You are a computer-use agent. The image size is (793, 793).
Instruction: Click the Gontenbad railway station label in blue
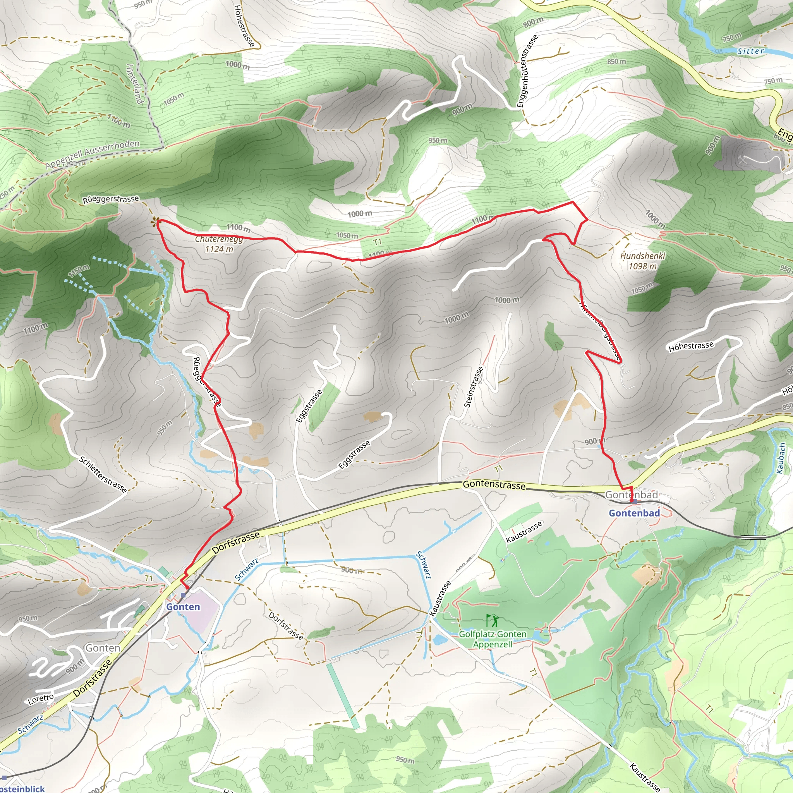[634, 513]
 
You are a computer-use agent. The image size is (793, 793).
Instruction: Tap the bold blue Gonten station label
[183, 607]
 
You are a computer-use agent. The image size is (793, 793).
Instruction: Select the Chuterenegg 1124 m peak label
[219, 244]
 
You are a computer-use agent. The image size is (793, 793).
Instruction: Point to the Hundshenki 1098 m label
[642, 261]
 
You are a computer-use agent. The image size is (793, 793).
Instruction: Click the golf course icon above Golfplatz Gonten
[493, 620]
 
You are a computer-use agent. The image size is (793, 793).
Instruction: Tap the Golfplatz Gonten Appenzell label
[493, 639]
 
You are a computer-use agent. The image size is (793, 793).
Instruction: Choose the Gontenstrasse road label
[494, 485]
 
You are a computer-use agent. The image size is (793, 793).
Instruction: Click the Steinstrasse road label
[473, 387]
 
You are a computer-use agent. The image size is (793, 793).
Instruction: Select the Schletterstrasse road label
[103, 474]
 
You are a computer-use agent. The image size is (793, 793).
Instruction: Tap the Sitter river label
[751, 51]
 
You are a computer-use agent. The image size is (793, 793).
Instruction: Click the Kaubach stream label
[781, 458]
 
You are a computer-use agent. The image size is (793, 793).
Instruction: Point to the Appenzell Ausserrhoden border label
[93, 154]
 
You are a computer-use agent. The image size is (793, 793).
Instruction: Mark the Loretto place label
[41, 699]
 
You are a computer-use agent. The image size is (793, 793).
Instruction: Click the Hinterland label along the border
[134, 84]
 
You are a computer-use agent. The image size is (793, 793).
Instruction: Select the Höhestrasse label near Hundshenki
[691, 347]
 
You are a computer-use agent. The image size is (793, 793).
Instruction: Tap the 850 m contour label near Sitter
[616, 62]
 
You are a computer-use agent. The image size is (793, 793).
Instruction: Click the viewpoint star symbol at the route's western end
[155, 223]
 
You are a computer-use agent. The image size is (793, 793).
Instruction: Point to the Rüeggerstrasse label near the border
[111, 199]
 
